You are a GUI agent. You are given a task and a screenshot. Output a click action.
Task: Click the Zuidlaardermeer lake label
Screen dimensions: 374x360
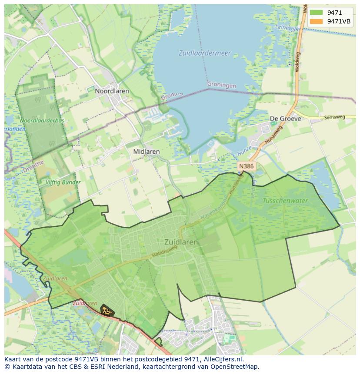click(x=204, y=53)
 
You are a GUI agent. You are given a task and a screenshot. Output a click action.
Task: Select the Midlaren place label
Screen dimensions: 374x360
click(x=146, y=152)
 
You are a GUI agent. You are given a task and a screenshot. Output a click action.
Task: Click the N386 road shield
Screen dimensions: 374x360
click(x=247, y=166)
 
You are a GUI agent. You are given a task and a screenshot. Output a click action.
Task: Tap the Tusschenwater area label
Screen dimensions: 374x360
click(x=285, y=201)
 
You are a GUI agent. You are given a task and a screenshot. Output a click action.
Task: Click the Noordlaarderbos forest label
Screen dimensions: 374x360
click(x=42, y=120)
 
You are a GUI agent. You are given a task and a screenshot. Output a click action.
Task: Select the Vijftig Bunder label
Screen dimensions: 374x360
click(x=63, y=182)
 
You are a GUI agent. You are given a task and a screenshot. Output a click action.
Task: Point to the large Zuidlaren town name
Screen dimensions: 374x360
click(x=181, y=242)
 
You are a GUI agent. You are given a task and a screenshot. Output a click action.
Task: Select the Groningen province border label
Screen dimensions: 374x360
click(x=222, y=85)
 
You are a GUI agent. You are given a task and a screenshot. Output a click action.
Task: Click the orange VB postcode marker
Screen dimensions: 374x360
click(x=106, y=311)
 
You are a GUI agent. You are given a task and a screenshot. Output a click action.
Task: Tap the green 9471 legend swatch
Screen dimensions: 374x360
click(x=316, y=13)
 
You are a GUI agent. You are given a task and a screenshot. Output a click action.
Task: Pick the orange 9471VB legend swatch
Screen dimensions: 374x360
click(x=316, y=21)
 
